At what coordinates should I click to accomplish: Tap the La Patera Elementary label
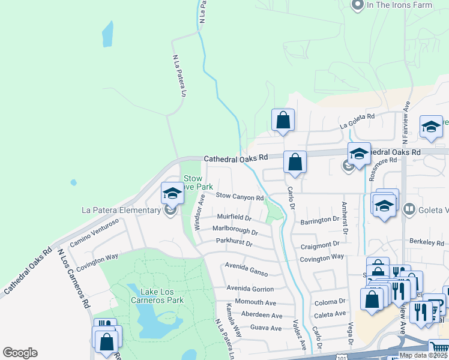point(121,210)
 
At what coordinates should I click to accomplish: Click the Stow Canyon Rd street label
point(240,196)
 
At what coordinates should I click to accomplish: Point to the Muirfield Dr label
point(234,217)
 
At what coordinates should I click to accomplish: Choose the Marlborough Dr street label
point(235,230)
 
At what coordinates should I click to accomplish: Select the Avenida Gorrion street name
point(250,289)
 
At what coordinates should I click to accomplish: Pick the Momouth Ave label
point(255,302)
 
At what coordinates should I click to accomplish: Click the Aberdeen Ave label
point(261,315)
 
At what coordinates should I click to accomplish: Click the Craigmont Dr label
point(320,244)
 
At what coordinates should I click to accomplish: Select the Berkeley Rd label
point(427,243)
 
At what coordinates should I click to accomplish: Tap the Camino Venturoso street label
point(94,233)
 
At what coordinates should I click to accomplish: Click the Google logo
point(20,353)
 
